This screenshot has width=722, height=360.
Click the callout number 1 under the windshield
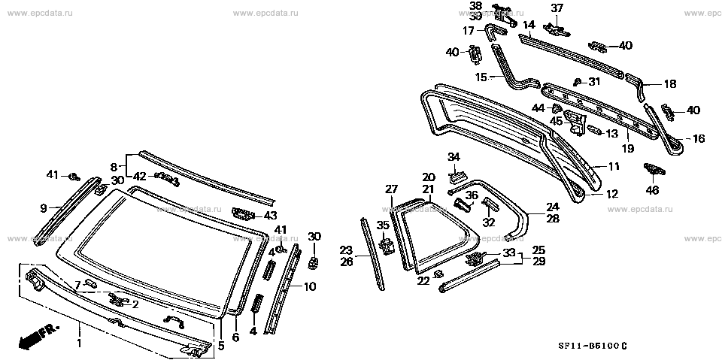pyautogui.click(x=78, y=344)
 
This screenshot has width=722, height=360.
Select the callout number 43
pyautogui.click(x=271, y=216)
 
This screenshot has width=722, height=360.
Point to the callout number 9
pyautogui.click(x=43, y=207)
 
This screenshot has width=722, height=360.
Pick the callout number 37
pyautogui.click(x=557, y=8)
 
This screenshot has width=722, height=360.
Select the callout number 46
pyautogui.click(x=652, y=191)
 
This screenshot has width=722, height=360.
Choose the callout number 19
pyautogui.click(x=627, y=149)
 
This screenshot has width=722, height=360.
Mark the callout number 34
pyautogui.click(x=453, y=157)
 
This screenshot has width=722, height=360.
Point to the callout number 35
pyautogui.click(x=382, y=225)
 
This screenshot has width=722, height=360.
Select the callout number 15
pyautogui.click(x=481, y=77)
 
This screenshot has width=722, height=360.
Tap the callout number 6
pyautogui.click(x=235, y=337)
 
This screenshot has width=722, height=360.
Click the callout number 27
pyautogui.click(x=391, y=189)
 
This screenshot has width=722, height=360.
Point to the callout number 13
pyautogui.click(x=611, y=134)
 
